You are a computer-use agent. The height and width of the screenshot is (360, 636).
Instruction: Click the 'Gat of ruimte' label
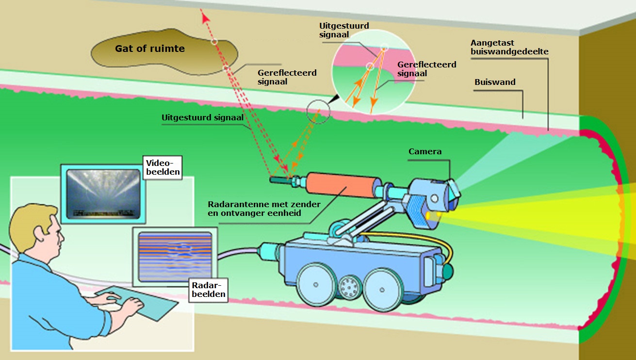click(149, 49)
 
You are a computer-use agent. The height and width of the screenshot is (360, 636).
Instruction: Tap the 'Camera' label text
click(425, 152)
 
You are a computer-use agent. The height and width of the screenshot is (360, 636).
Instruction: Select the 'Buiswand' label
click(495, 82)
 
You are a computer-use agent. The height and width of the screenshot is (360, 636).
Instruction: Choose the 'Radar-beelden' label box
click(207, 289)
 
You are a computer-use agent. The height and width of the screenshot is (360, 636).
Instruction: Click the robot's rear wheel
click(316, 285)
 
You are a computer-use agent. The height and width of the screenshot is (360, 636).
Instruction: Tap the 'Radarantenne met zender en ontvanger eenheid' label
click(264, 208)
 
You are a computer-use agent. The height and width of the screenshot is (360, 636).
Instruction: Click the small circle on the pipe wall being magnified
click(318, 112)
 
